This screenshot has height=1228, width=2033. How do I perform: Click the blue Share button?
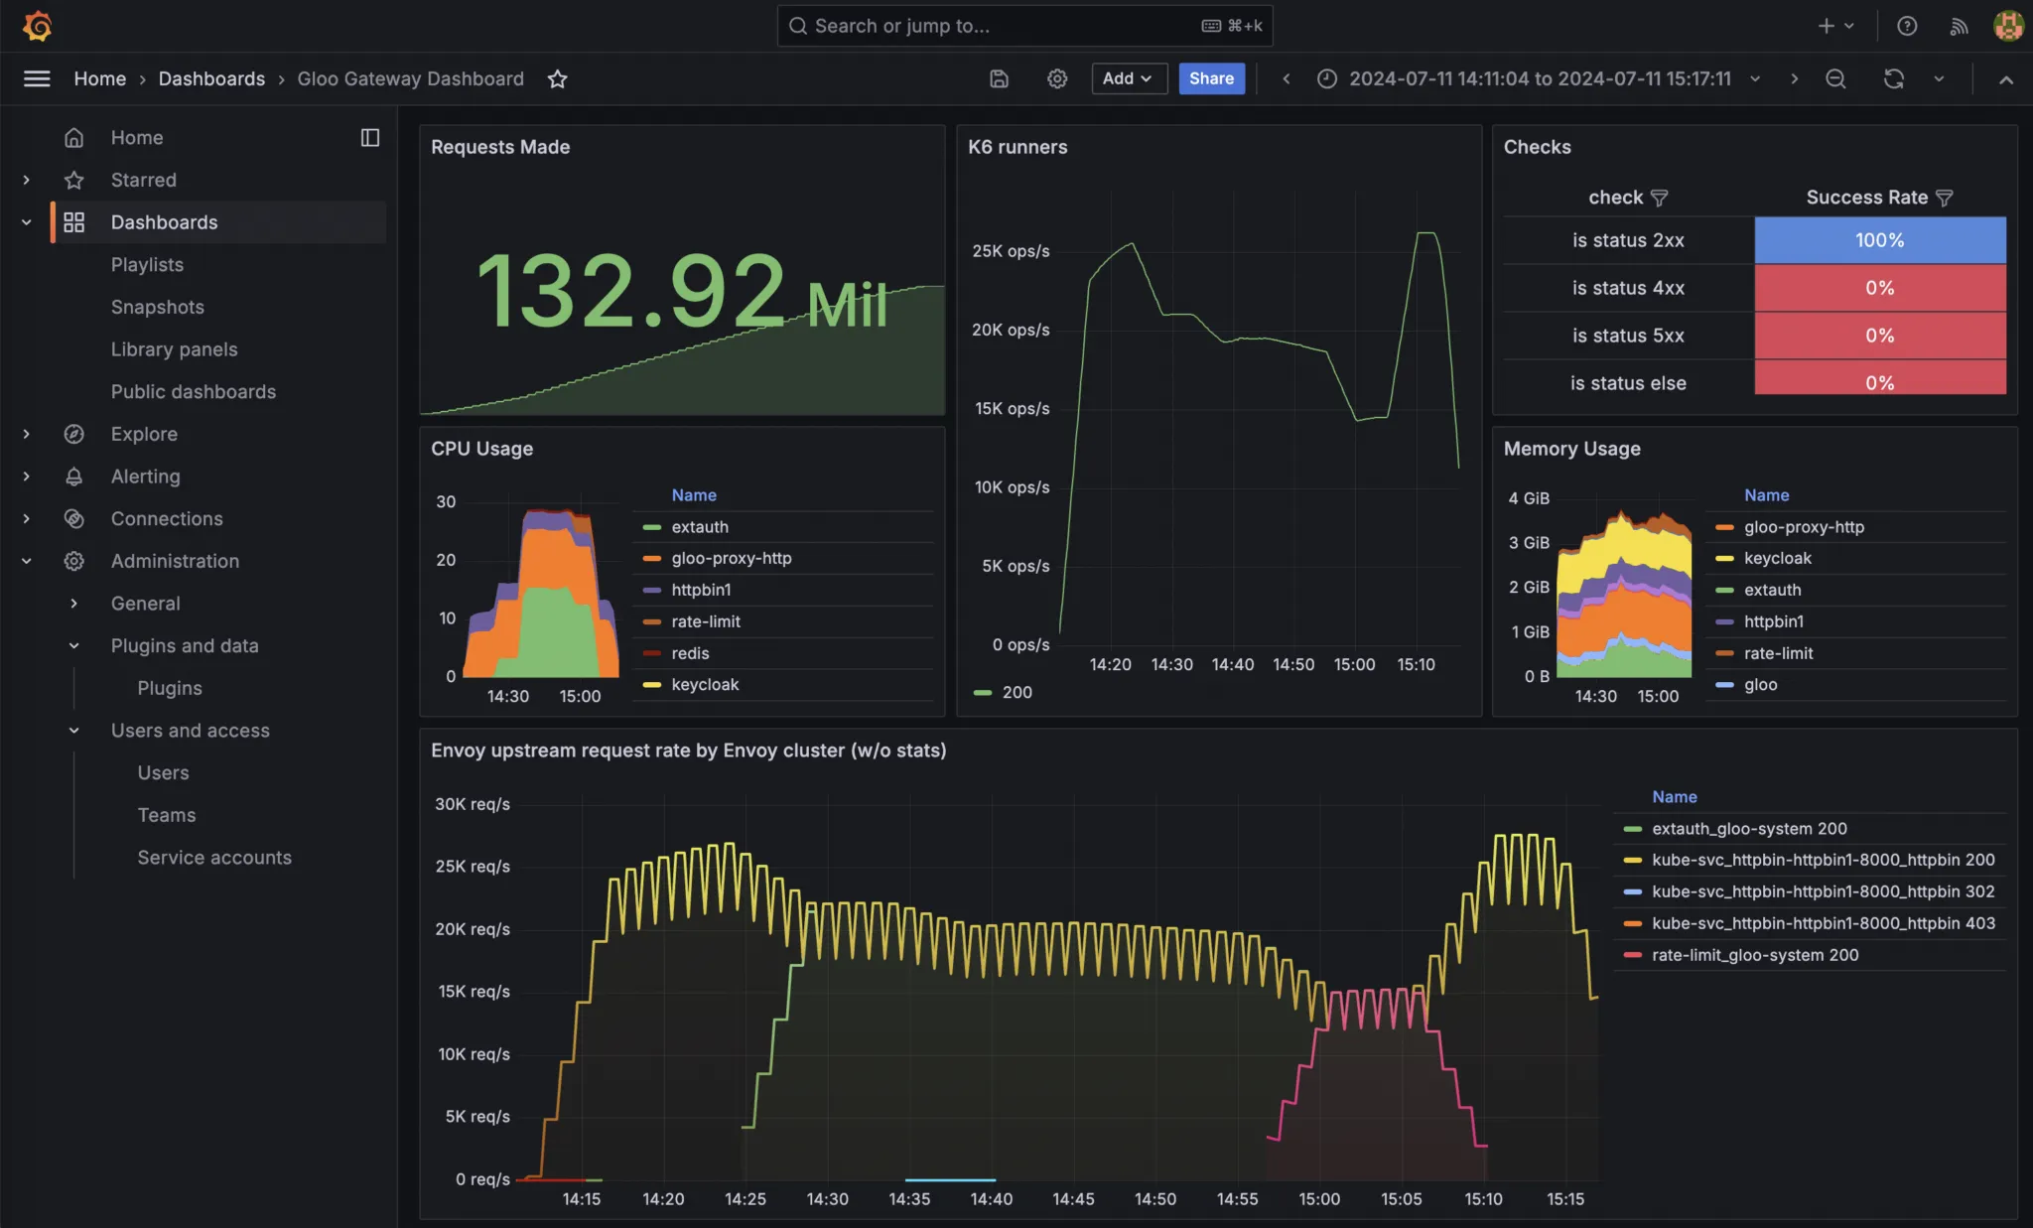(x=1211, y=78)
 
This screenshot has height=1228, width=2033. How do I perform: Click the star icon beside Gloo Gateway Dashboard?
(x=557, y=78)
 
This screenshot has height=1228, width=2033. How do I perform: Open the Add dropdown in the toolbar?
(x=1128, y=78)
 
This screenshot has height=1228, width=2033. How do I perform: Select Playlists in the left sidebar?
(x=147, y=264)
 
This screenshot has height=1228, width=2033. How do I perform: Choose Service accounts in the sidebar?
(x=214, y=857)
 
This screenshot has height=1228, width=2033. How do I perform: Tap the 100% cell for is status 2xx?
(x=1879, y=240)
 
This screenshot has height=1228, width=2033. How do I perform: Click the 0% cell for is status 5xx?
(x=1879, y=336)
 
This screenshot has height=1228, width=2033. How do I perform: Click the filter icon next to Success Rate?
(x=1944, y=198)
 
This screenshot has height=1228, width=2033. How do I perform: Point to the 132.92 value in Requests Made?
(x=631, y=290)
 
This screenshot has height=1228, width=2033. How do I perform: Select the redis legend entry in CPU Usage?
(x=690, y=653)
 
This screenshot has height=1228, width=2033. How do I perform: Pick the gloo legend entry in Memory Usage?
(x=1760, y=685)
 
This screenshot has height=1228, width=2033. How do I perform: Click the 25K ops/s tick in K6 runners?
(x=1011, y=251)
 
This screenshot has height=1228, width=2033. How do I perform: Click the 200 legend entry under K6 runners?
(x=1016, y=692)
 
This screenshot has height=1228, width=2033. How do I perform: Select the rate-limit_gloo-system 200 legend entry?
(x=1754, y=955)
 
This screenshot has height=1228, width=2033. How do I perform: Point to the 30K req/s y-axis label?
(x=473, y=804)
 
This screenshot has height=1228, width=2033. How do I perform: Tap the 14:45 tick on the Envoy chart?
(x=1073, y=1199)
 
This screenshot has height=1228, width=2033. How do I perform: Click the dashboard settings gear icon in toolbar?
(x=1057, y=78)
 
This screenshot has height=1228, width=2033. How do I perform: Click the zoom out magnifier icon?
(x=1835, y=78)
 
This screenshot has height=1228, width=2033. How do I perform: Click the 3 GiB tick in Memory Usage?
(x=1529, y=543)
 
